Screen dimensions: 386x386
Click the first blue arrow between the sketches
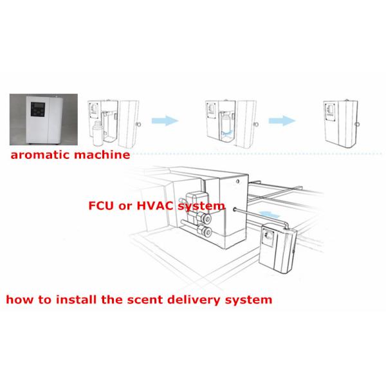tap(163, 120)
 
